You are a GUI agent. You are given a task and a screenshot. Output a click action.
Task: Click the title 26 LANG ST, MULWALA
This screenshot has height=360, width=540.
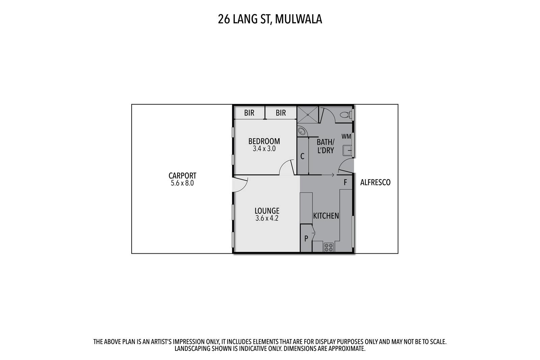[270, 19]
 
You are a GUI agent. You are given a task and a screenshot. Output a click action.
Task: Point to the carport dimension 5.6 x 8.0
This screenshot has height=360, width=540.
[182, 183]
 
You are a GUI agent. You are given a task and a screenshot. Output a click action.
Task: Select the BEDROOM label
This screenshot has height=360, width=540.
[264, 141]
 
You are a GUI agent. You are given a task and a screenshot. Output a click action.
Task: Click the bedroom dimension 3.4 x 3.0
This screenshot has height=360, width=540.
[264, 149]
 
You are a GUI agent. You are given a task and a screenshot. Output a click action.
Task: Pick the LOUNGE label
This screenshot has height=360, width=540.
[267, 211]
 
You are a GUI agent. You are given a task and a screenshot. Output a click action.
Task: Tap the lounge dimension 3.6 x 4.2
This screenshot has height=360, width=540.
[267, 218]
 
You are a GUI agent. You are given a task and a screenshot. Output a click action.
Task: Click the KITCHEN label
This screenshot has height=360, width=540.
[326, 216]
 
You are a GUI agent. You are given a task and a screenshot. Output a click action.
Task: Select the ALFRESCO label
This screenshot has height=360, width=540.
[375, 183]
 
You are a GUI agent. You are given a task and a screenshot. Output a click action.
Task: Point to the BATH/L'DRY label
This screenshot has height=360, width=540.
[326, 146]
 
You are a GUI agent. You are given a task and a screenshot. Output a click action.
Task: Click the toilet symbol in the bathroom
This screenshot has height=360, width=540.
[347, 115]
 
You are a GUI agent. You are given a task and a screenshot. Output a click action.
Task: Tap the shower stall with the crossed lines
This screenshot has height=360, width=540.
[308, 114]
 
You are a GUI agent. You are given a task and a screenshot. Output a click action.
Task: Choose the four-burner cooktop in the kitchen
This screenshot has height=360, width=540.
[328, 247]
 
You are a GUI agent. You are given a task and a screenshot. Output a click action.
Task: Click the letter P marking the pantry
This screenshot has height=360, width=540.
[306, 239]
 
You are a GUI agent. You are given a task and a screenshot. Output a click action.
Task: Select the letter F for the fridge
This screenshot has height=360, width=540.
[345, 183]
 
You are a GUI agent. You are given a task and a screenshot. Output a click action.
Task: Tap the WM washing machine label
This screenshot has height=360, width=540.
[346, 136]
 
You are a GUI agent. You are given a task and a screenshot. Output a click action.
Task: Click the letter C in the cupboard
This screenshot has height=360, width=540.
[302, 157]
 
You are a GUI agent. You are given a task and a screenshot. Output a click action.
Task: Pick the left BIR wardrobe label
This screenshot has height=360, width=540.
[249, 113]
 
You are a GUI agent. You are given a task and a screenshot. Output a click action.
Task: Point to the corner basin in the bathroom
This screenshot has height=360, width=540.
[301, 131]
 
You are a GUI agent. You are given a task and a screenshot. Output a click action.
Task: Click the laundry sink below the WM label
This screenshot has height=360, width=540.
[347, 150]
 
